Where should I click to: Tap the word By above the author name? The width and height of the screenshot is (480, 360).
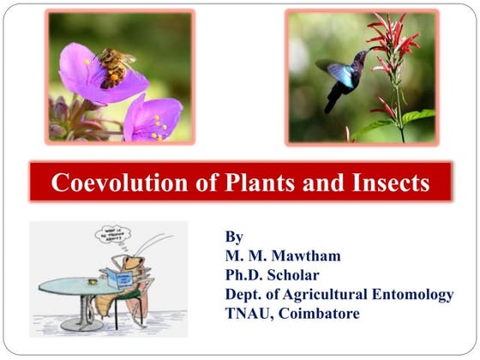pyautogui.click(x=234, y=237)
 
